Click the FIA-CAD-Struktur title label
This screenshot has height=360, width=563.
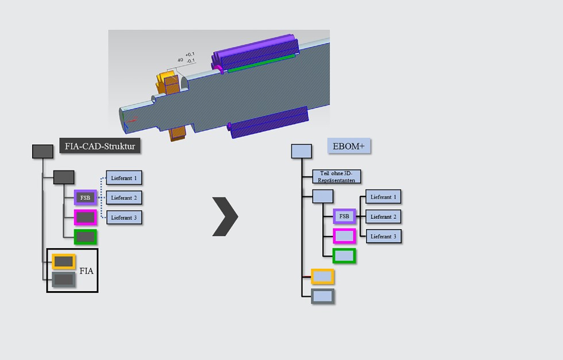[x=100, y=146]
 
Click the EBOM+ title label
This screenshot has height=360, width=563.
[x=349, y=146]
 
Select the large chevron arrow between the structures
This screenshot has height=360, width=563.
[x=225, y=216]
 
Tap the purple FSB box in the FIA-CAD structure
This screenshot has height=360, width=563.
[x=85, y=198]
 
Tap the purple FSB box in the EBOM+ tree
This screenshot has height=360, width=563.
[x=344, y=216]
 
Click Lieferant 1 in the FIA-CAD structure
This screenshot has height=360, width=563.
[x=124, y=178]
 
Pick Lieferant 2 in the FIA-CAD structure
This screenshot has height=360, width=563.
[x=124, y=198]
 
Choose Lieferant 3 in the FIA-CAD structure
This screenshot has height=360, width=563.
[x=124, y=218]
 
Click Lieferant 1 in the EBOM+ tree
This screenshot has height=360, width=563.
[x=384, y=197]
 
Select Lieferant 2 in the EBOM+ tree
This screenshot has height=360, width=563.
[x=384, y=216]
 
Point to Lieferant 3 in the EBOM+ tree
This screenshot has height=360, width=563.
[x=384, y=236]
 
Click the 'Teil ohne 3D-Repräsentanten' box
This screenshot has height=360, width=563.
[x=337, y=177]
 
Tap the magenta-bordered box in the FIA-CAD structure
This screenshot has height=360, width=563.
[x=85, y=218]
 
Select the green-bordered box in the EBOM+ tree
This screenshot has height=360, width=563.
[x=344, y=256]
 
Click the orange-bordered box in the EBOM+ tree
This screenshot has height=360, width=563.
[x=323, y=277]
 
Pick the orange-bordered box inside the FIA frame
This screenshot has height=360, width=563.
[x=63, y=262]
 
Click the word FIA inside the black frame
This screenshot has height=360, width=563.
[x=86, y=271]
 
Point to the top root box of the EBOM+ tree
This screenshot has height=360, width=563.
[x=302, y=151]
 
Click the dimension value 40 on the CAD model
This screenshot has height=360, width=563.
[x=180, y=60]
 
